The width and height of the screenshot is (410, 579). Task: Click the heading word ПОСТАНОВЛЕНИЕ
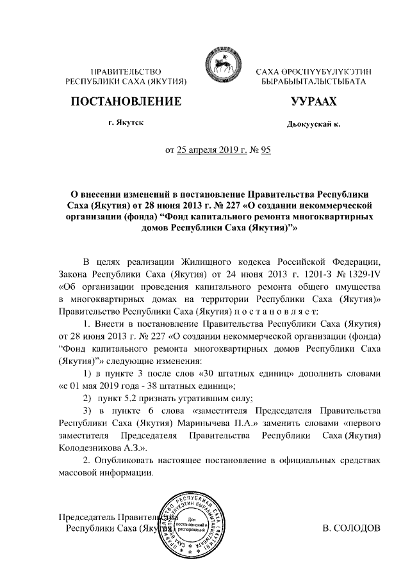click(x=126, y=102)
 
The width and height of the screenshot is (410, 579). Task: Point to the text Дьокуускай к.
click(x=313, y=123)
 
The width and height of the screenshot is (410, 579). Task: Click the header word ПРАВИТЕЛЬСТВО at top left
click(x=126, y=71)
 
